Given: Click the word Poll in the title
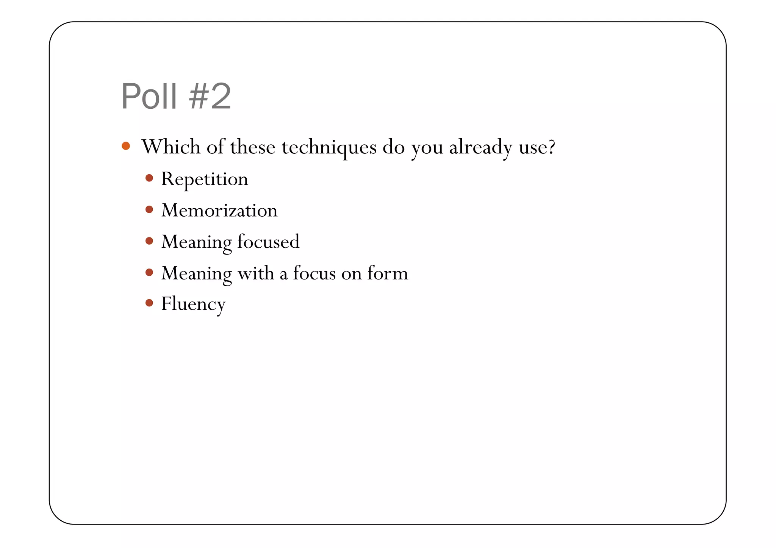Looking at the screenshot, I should click(149, 97).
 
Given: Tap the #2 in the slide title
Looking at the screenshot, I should click(210, 97).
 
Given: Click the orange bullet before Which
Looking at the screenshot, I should click(126, 146).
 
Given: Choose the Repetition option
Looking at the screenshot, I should click(205, 179).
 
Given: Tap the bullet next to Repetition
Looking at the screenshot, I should click(149, 178).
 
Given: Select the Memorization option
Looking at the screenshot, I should click(219, 210).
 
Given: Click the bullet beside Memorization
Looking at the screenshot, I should click(149, 209).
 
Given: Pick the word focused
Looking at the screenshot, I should click(268, 242).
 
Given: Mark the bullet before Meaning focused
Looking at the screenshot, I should click(149, 241).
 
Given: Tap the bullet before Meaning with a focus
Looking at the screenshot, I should click(149, 272).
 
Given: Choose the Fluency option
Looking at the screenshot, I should click(193, 304).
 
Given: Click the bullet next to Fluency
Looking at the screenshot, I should click(149, 303).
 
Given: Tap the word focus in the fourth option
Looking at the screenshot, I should click(314, 273).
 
